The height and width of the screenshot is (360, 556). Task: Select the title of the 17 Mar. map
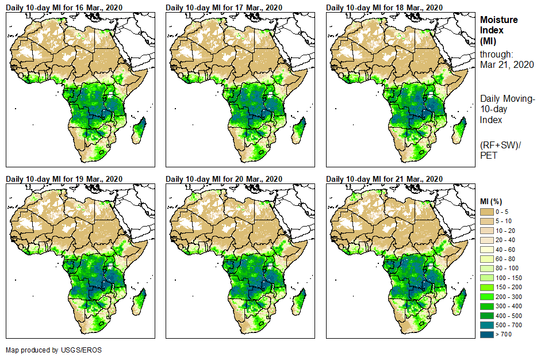[x=224, y=7]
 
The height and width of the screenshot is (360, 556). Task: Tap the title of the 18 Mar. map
[x=384, y=7]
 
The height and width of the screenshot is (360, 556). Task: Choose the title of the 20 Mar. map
[x=224, y=178]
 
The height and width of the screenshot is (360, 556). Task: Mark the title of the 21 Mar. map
[x=384, y=178]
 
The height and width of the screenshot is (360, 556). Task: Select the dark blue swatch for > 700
[x=488, y=334]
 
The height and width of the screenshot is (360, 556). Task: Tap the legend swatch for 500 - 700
[x=488, y=325]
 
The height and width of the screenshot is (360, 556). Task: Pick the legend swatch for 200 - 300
[x=488, y=297]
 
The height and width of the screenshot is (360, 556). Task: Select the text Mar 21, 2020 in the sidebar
[x=507, y=64]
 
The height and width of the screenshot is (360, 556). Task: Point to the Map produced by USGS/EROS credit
[x=46, y=350]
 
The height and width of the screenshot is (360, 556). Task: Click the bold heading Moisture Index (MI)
[x=499, y=30]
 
